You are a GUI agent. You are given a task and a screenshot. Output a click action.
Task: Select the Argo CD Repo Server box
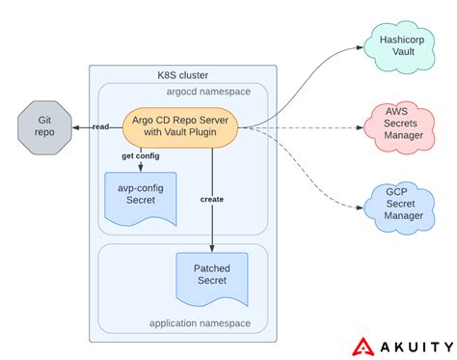(x=179, y=125)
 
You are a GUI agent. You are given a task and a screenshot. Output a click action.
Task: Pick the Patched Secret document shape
(x=211, y=274)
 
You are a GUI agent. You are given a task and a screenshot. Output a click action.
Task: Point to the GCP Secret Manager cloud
(x=398, y=205)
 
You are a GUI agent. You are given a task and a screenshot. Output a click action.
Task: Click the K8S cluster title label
(x=183, y=75)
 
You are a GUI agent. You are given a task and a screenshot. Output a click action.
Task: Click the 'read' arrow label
(x=99, y=126)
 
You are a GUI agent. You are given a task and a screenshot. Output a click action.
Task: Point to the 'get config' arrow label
(x=141, y=156)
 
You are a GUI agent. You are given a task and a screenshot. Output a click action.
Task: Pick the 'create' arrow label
(x=212, y=199)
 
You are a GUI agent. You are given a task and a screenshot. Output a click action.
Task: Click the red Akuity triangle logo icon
(x=363, y=344)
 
